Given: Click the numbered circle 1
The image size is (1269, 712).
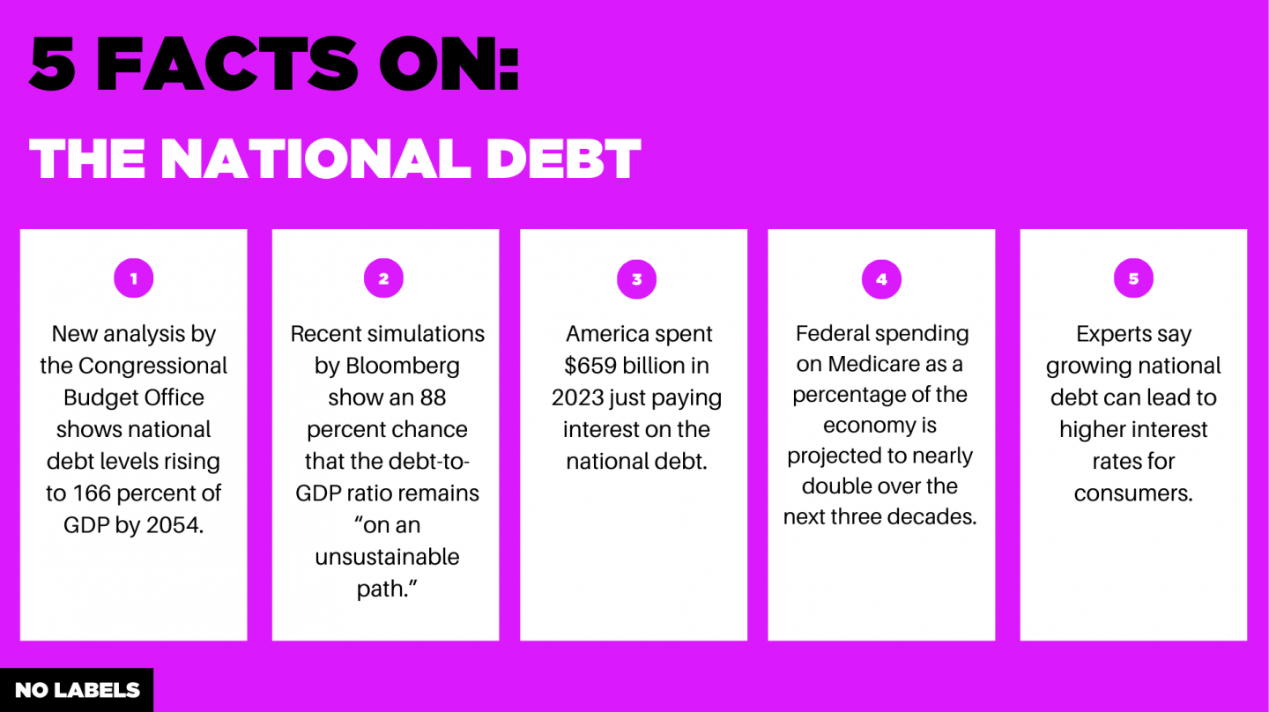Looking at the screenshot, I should (134, 279).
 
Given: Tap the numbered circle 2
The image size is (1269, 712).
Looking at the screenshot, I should (383, 279).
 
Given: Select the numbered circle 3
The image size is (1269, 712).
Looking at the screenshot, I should (636, 279).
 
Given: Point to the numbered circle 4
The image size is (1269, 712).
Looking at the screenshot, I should (881, 279).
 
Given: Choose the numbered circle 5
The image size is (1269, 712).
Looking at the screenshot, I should (1133, 279).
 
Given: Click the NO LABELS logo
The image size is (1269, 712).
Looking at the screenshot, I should (77, 690).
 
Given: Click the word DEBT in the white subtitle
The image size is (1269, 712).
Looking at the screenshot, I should (564, 159).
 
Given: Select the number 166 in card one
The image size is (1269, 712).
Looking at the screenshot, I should (100, 493).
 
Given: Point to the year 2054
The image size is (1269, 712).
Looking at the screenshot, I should (174, 525).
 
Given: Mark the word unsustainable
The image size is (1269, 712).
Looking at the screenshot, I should (387, 557).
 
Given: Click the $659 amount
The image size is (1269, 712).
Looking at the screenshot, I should (592, 366).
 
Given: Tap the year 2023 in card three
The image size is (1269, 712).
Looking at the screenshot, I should (580, 397).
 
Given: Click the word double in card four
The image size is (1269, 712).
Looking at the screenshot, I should (837, 486).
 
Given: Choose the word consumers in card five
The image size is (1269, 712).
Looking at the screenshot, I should (1133, 493).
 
